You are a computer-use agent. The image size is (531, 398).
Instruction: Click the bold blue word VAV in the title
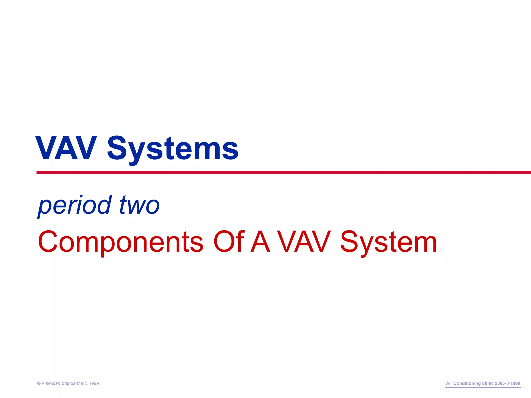tap(66, 148)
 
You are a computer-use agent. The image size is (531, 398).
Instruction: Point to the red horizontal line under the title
tap(284, 172)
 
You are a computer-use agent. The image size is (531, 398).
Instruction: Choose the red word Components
tap(121, 242)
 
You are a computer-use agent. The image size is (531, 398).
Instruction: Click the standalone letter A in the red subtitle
tap(260, 241)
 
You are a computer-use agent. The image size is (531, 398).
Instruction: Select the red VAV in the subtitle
tap(304, 241)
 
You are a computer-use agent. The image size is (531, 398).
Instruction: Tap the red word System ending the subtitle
tap(388, 243)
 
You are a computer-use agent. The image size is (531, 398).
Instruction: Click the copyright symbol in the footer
tap(39, 383)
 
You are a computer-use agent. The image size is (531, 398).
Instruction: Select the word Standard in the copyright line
tap(71, 383)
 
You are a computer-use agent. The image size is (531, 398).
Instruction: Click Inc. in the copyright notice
tap(84, 383)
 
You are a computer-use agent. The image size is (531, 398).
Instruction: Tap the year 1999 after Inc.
tap(94, 383)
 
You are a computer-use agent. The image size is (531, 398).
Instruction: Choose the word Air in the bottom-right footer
tap(449, 383)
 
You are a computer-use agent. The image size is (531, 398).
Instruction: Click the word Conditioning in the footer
tap(467, 383)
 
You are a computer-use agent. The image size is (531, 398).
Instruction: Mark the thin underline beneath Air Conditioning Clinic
tap(483, 388)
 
